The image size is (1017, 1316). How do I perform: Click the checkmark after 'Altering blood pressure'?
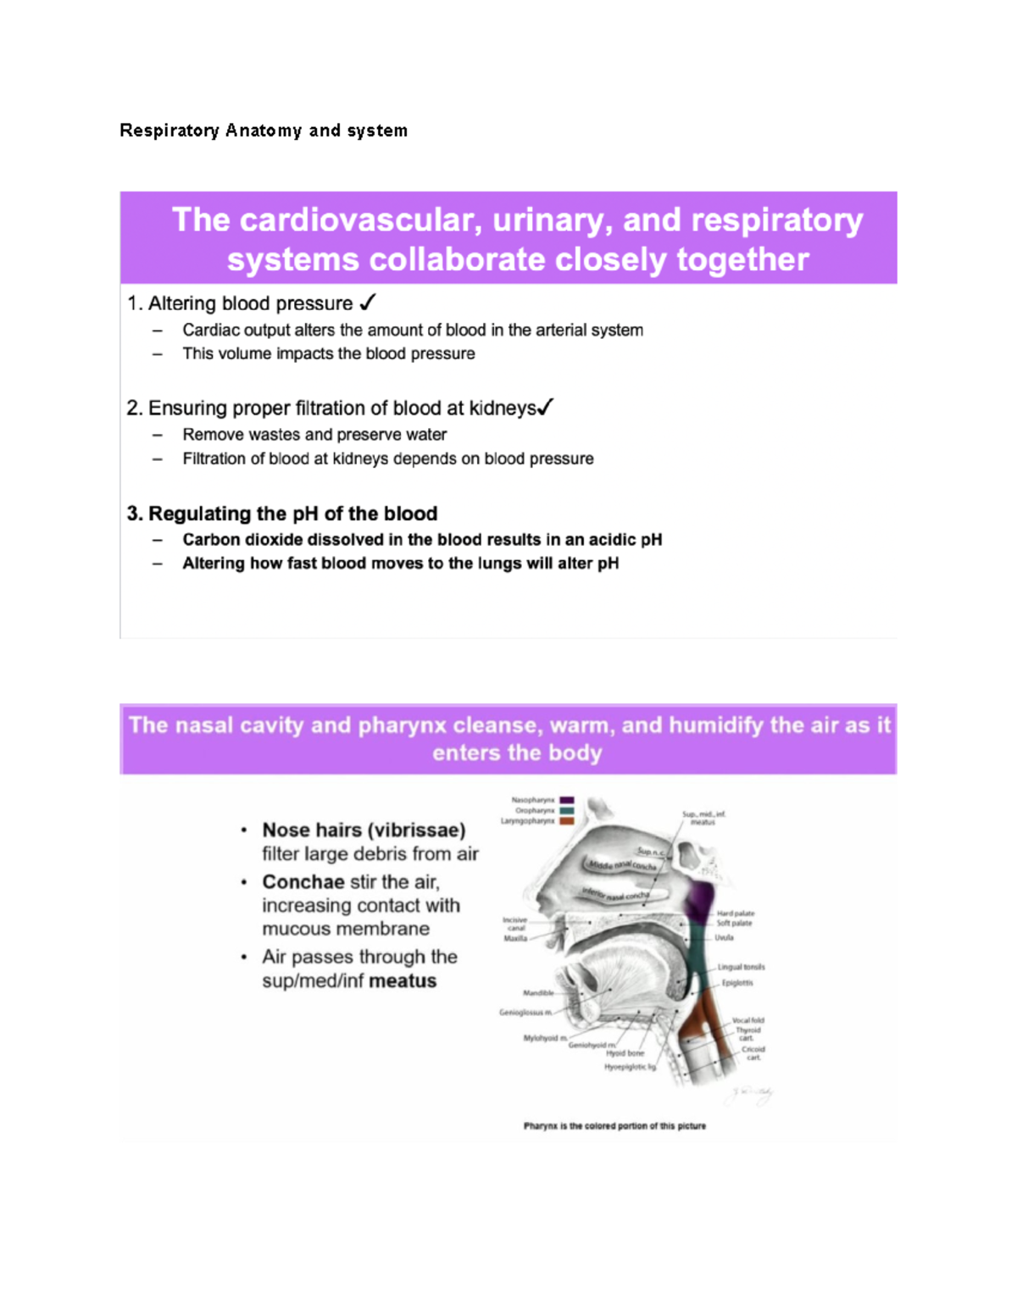point(368,303)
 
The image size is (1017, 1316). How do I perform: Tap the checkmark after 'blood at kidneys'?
point(545,408)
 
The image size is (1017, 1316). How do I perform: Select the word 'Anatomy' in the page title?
point(264,130)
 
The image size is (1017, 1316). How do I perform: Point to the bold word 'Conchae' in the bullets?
point(303,881)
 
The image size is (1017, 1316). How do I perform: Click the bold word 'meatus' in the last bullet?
point(403,980)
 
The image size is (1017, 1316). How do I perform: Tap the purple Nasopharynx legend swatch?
point(567,800)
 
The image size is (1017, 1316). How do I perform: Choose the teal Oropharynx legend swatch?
point(567,810)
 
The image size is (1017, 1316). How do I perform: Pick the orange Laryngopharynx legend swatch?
point(567,821)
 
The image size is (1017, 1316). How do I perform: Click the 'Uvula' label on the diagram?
point(724,938)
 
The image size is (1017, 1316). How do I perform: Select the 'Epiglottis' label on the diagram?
point(737,983)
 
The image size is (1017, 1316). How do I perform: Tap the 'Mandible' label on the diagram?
point(538,992)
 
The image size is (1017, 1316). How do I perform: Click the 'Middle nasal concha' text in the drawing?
point(623,865)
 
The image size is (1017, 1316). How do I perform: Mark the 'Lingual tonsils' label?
point(742,967)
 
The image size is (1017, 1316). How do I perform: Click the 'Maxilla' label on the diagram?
point(515,938)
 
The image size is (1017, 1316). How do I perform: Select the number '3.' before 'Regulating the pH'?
point(135,514)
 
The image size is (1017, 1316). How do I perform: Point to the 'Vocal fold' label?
point(748,1020)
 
